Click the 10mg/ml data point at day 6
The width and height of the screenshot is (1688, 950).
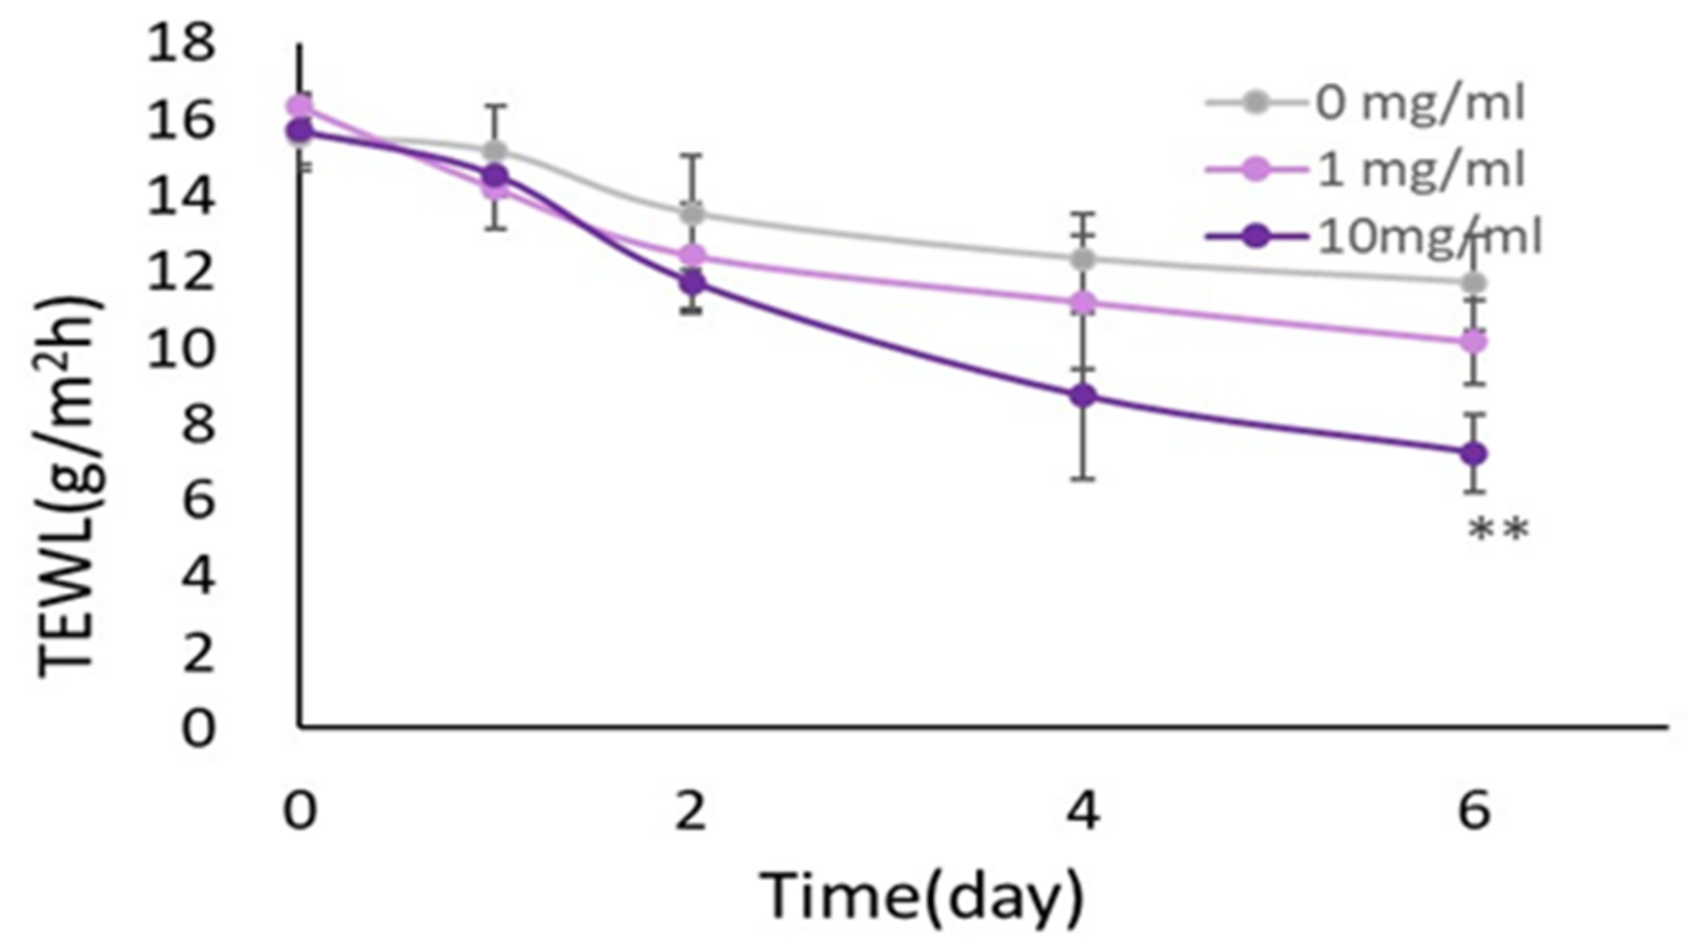[1473, 454]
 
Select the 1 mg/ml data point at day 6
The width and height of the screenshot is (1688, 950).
[1473, 342]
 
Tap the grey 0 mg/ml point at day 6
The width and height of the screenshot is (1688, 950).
[1473, 282]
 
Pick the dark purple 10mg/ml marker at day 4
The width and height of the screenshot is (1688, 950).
[1083, 396]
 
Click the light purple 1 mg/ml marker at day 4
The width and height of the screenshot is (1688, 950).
[1083, 302]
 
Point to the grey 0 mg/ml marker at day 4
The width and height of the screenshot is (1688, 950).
[1083, 258]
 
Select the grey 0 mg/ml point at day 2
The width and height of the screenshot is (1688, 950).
[692, 213]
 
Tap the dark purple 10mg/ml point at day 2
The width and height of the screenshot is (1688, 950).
[692, 282]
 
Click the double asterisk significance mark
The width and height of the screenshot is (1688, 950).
[1498, 531]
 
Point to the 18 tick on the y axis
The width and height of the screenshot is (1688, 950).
[181, 45]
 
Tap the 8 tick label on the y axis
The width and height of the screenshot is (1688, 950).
[199, 425]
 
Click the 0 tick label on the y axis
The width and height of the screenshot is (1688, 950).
[199, 729]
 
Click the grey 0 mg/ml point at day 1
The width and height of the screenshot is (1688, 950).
[495, 150]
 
